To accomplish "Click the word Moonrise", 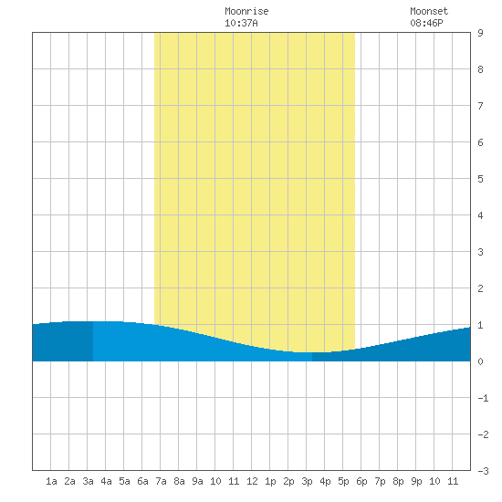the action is (246, 11).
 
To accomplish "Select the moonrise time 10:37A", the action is (241, 23).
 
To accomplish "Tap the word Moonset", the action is (429, 11).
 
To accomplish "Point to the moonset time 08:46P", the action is (426, 23).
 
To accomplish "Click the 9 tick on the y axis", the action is (480, 33).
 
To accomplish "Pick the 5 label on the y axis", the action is (480, 179).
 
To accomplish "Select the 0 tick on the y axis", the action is (480, 361).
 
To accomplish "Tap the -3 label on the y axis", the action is (483, 471).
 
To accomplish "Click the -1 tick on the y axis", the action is (483, 398).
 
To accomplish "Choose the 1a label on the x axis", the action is (51, 481).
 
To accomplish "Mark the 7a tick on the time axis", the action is (161, 481).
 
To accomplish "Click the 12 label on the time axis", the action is (252, 481).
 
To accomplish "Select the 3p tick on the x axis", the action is (307, 481).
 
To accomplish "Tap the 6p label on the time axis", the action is (361, 481).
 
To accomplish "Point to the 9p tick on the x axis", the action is (416, 481).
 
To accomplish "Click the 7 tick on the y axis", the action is (480, 106).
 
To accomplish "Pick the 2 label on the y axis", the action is (480, 288).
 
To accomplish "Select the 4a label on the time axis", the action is (106, 481).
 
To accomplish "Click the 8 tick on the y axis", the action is (480, 69).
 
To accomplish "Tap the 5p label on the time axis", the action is (343, 481).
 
